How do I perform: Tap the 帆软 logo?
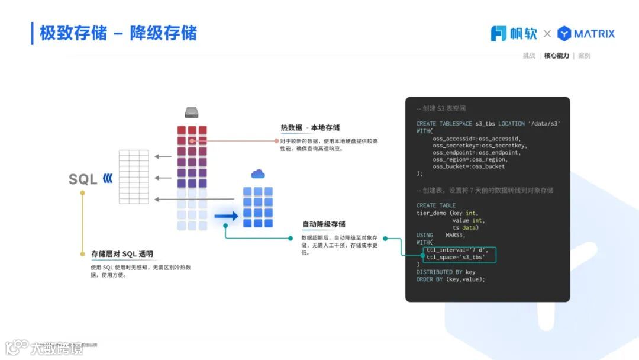[514, 34]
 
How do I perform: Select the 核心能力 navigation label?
[556, 56]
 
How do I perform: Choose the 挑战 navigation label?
[529, 56]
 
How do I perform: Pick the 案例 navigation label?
[584, 56]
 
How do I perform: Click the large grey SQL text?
[83, 179]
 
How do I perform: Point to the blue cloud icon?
[257, 173]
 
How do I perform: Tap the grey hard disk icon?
[191, 112]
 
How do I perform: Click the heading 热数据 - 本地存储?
[310, 127]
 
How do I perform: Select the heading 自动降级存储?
[324, 224]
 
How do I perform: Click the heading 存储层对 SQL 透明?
[122, 254]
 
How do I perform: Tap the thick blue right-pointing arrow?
[226, 216]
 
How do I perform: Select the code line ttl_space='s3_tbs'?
[456, 258]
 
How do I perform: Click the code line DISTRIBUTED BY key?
[446, 272]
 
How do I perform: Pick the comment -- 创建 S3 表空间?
[441, 109]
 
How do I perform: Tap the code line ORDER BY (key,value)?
[450, 279]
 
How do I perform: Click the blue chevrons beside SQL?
[107, 178]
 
